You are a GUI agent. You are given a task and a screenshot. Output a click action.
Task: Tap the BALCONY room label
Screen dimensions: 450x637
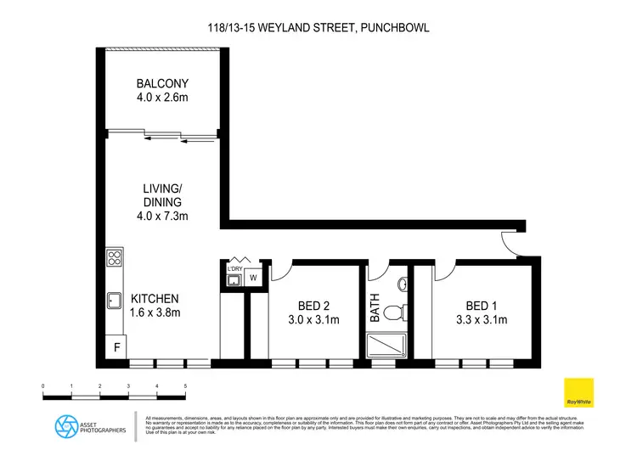click(x=162, y=84)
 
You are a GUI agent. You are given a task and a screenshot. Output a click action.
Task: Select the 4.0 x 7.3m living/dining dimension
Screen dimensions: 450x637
click(x=162, y=216)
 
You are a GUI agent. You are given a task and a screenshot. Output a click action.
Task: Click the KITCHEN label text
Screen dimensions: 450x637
click(x=155, y=299)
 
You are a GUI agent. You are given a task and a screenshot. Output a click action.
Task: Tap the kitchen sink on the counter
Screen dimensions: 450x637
click(x=114, y=300)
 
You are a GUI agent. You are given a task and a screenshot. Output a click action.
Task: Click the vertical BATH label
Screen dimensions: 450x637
click(x=375, y=309)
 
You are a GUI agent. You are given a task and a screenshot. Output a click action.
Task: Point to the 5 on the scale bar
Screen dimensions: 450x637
click(x=185, y=386)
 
